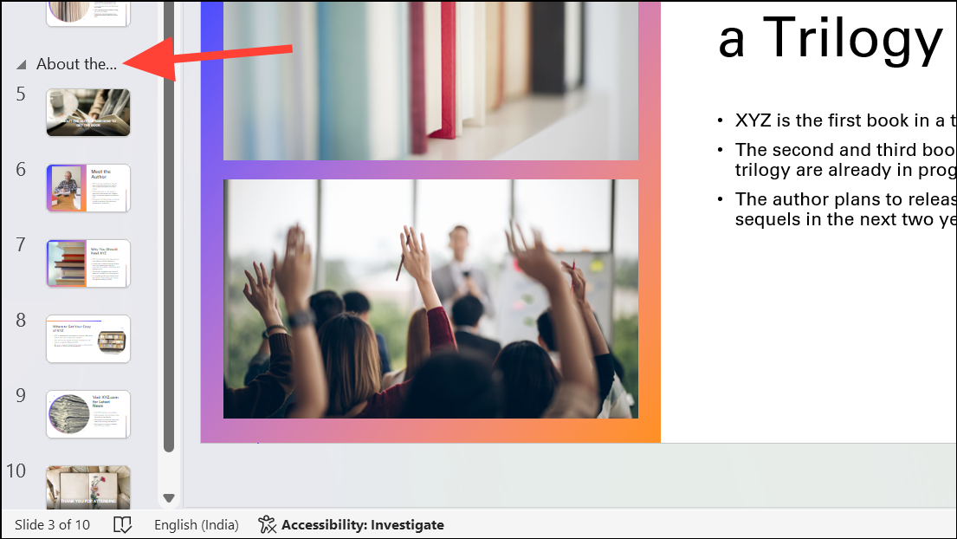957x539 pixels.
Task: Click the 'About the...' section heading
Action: pyautogui.click(x=76, y=64)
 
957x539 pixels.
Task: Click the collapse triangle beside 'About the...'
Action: pyautogui.click(x=22, y=65)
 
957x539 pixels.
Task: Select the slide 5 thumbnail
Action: pyautogui.click(x=88, y=113)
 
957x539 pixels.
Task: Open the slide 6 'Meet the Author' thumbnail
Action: pyautogui.click(x=88, y=188)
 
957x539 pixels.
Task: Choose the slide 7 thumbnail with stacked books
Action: pyautogui.click(x=88, y=263)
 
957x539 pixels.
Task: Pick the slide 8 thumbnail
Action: pyautogui.click(x=88, y=339)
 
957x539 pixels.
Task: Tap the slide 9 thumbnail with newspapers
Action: pyautogui.click(x=88, y=414)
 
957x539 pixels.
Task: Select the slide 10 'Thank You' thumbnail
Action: pyautogui.click(x=88, y=487)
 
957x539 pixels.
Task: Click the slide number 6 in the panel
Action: pyautogui.click(x=21, y=169)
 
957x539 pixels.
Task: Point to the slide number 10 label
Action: pyautogui.click(x=16, y=471)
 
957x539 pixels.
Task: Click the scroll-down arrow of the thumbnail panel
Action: pyautogui.click(x=169, y=498)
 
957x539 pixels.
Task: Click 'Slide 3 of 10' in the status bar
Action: pyautogui.click(x=52, y=524)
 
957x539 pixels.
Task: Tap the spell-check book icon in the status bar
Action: pyautogui.click(x=123, y=524)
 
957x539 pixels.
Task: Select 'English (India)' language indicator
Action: pyautogui.click(x=197, y=524)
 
